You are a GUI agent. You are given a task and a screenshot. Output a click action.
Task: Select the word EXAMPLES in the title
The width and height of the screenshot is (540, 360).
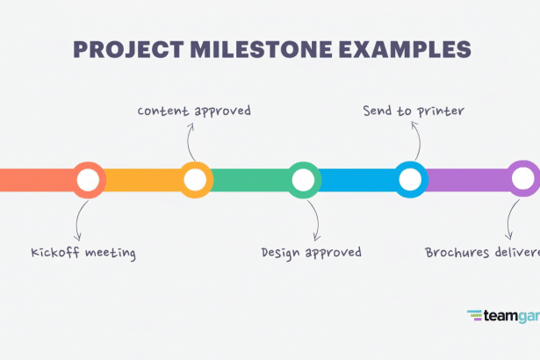pos(399,48)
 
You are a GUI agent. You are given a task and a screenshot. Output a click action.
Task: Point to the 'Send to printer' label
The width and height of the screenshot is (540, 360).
pos(414,111)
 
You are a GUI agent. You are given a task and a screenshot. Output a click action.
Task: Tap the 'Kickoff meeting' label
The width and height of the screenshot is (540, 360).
pos(83,253)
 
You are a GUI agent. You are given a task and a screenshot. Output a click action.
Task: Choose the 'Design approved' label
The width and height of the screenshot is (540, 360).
pos(311,253)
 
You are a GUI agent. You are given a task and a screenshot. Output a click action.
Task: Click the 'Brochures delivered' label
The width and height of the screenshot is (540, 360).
pos(482,253)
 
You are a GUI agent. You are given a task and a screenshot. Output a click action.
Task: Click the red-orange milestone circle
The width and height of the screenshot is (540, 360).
pos(88,180)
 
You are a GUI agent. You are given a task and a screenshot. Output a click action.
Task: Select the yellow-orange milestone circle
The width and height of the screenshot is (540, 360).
pos(195,180)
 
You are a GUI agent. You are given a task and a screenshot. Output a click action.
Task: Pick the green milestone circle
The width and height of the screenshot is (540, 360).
pos(303,180)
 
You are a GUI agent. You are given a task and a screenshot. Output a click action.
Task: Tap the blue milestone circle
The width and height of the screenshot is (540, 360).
pos(410,180)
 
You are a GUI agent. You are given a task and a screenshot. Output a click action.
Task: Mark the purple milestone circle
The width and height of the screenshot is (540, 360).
pos(523,180)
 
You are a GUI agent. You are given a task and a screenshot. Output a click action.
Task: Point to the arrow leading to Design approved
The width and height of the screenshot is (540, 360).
pos(315,220)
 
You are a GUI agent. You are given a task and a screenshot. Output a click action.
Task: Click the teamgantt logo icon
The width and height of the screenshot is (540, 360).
pos(474,315)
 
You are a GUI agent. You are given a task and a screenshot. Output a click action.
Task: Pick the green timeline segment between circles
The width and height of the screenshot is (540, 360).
pos(249,180)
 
